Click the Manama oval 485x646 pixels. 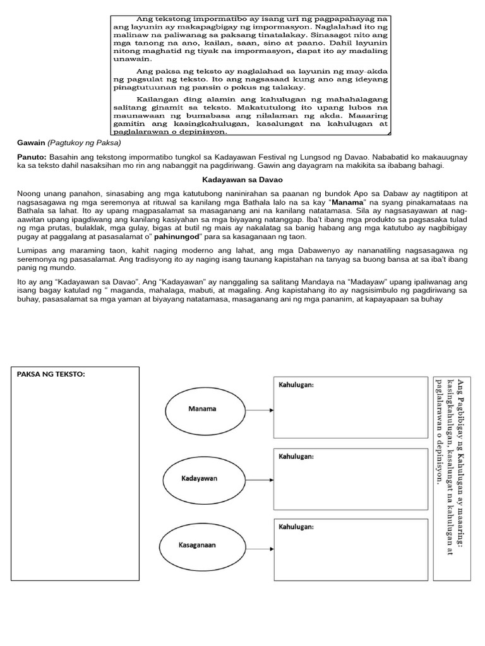click(202, 409)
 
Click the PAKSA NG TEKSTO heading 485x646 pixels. click(51, 375)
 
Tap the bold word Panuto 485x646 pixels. click(32, 155)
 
